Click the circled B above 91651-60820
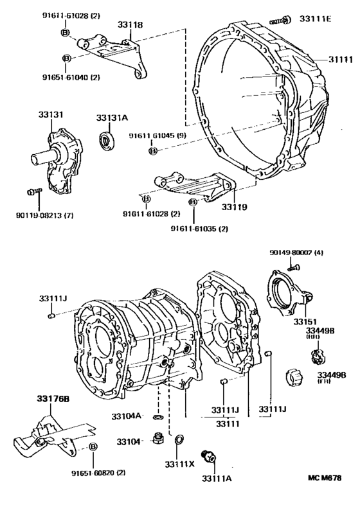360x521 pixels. click(93, 448)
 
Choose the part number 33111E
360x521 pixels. click(316, 19)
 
